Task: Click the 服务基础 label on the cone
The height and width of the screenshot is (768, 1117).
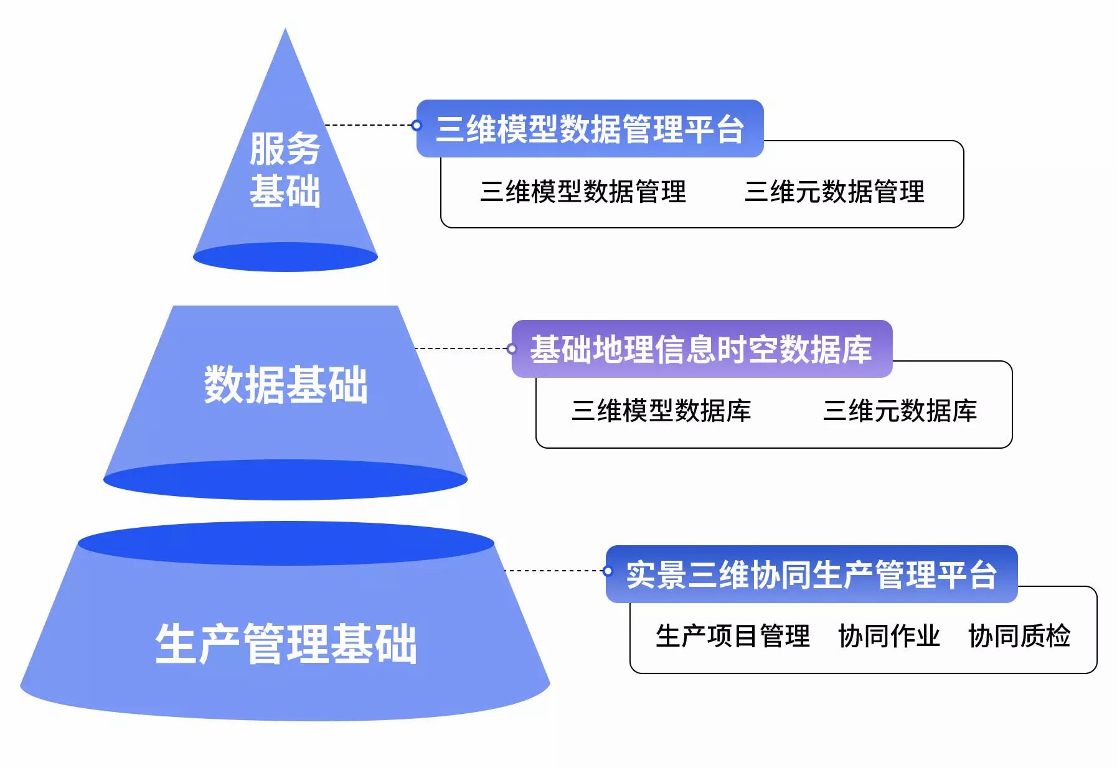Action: pyautogui.click(x=285, y=169)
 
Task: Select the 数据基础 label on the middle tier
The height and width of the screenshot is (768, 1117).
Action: pyautogui.click(x=286, y=384)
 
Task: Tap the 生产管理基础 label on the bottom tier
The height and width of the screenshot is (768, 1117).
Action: pyautogui.click(x=286, y=644)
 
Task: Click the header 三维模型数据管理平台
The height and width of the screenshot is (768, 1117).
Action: pyautogui.click(x=590, y=129)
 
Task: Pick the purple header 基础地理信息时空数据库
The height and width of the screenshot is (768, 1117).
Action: pyautogui.click(x=701, y=349)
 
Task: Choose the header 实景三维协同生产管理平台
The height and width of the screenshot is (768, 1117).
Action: pyautogui.click(x=811, y=574)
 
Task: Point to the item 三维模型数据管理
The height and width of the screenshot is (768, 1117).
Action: pyautogui.click(x=583, y=192)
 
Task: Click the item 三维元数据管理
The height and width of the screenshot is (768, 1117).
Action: pyautogui.click(x=834, y=192)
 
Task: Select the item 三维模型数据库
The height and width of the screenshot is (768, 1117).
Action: pyautogui.click(x=661, y=411)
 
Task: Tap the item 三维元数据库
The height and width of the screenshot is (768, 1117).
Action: pyautogui.click(x=900, y=411)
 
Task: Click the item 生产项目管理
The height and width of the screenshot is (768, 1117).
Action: pyautogui.click(x=732, y=636)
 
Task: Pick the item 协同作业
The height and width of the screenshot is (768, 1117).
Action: pyautogui.click(x=888, y=636)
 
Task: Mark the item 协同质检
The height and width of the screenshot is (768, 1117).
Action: pyautogui.click(x=1019, y=636)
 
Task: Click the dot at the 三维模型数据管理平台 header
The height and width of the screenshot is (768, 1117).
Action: pyautogui.click(x=417, y=126)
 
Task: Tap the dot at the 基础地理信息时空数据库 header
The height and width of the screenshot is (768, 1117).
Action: pyautogui.click(x=512, y=349)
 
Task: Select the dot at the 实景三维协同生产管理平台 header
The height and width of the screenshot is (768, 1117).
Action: pyautogui.click(x=608, y=571)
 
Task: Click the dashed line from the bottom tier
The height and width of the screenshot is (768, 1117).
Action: pyautogui.click(x=554, y=571)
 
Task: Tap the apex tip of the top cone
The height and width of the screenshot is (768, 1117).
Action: pyautogui.click(x=285, y=31)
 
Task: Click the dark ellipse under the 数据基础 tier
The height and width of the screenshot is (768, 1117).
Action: pyautogui.click(x=285, y=480)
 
